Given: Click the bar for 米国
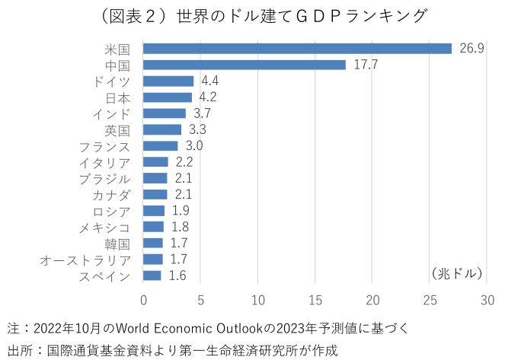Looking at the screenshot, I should (x=297, y=49).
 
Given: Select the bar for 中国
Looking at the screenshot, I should (x=245, y=65).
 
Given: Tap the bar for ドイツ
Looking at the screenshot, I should (x=168, y=81).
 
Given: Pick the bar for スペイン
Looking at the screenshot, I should (x=152, y=276).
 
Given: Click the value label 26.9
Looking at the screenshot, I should (x=471, y=49).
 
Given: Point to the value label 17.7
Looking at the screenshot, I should (x=366, y=65).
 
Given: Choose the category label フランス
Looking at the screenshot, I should (x=104, y=146).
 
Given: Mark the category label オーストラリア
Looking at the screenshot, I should (x=85, y=260).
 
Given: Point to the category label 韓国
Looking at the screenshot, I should (x=117, y=244).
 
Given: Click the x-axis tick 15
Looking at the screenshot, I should (x=315, y=299).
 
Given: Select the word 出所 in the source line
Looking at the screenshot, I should (x=18, y=350).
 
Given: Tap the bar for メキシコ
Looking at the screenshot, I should (x=153, y=227).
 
